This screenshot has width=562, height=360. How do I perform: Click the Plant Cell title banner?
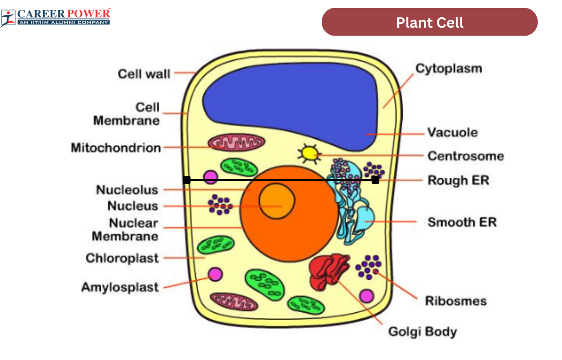tap(429, 22)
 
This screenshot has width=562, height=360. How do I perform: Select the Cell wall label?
tap(144, 74)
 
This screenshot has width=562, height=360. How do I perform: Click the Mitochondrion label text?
tap(116, 148)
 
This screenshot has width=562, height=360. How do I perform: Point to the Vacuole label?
tap(452, 133)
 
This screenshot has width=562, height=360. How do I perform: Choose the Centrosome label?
tap(466, 156)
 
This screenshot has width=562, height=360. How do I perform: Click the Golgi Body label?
tap(422, 332)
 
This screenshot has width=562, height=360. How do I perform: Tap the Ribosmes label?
tap(455, 301)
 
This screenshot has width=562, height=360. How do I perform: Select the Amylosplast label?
tap(120, 287)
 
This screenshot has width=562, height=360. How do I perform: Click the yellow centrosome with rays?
tap(309, 153)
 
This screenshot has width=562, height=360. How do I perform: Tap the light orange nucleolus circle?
tap(277, 201)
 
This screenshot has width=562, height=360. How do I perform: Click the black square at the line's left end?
tap(187, 180)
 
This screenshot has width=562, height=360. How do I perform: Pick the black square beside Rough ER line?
tap(375, 180)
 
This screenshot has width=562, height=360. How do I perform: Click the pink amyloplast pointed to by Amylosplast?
tap(215, 274)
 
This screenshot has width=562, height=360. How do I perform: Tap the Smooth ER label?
tap(462, 222)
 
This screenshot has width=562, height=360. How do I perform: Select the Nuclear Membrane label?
tap(125, 229)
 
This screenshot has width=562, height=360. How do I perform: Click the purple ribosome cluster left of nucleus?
tap(220, 205)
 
